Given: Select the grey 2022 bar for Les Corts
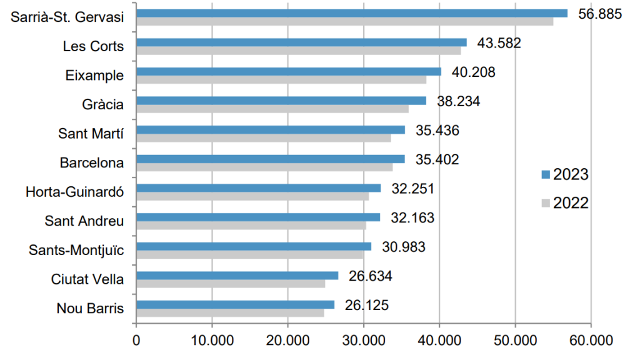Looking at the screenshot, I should point(298,51).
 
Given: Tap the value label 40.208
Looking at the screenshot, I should point(473,72).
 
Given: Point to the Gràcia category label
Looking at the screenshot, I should point(102,104).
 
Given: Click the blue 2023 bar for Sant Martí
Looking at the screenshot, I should point(270,130).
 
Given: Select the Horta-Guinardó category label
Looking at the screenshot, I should point(74,191).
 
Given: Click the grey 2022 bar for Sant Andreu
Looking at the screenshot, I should point(251,226).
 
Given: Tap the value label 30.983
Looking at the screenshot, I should point(403,247).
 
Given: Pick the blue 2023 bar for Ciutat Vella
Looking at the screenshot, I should point(237,276).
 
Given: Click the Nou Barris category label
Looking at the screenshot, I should point(90,308).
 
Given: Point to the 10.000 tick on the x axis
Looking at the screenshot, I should point(212,341).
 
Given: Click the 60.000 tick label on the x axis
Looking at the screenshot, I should point(591,341).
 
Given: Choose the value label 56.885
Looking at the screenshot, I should point(600,14).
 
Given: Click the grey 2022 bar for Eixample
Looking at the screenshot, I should point(281,80).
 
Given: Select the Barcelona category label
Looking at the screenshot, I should point(91,162).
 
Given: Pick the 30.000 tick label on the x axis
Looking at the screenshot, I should point(364,341).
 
